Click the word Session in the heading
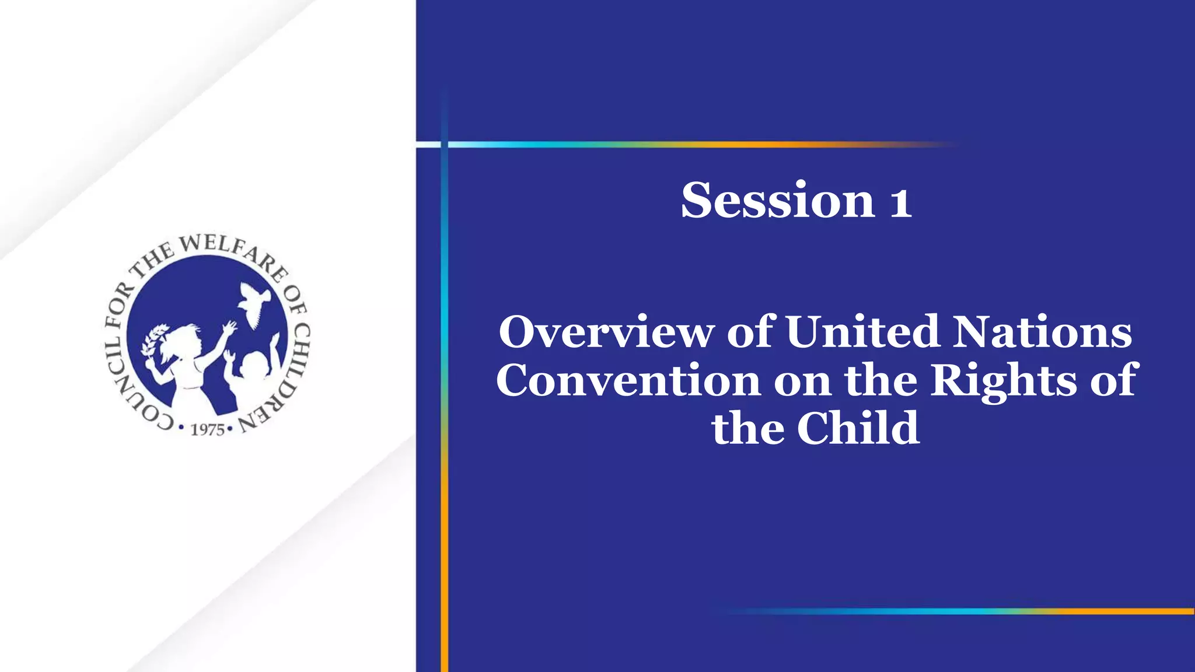click(778, 201)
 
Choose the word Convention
click(628, 380)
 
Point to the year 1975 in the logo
click(208, 430)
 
